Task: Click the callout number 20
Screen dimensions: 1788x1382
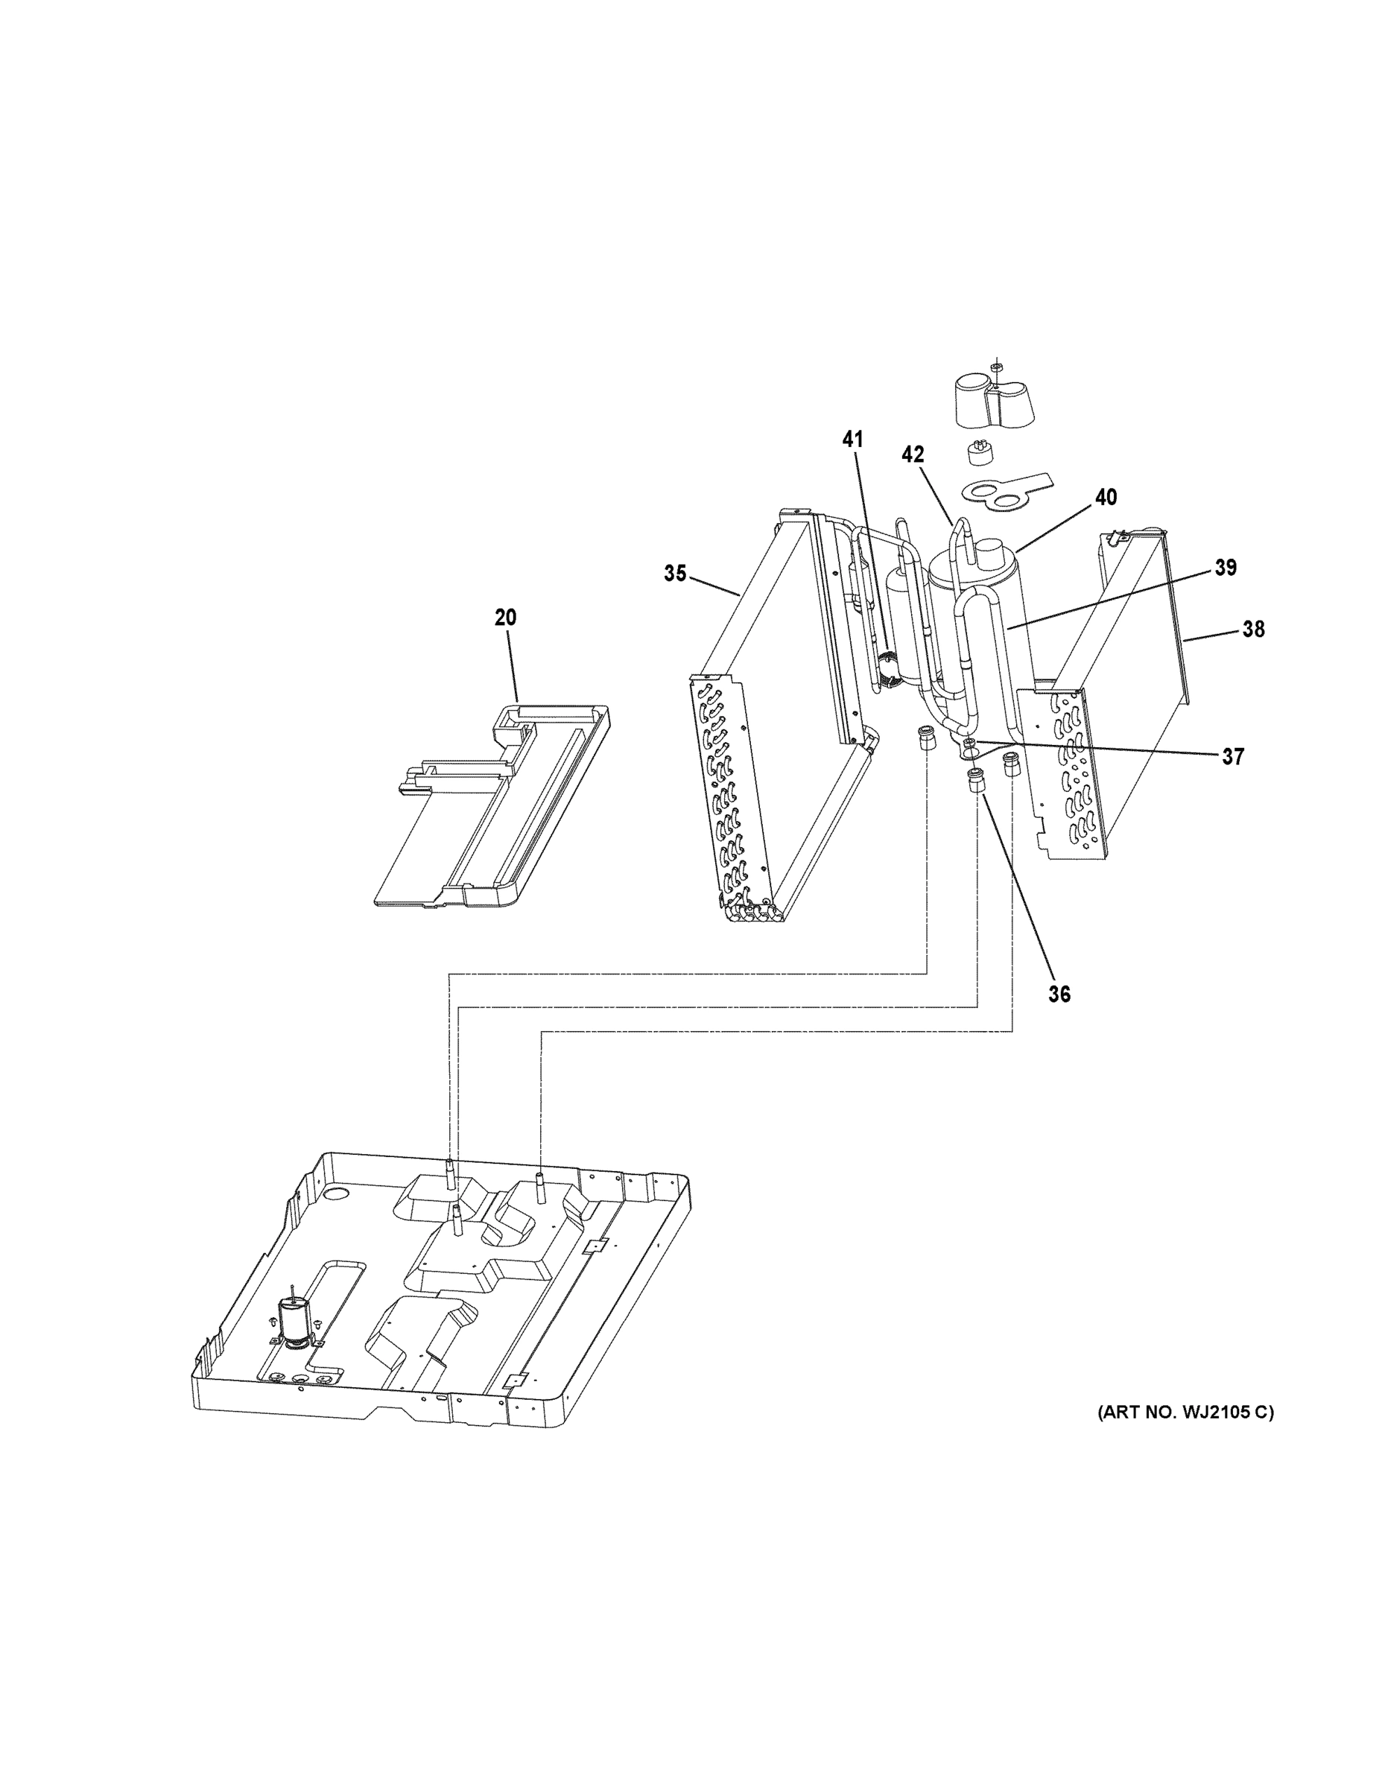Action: click(x=505, y=618)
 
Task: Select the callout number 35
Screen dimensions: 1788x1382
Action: click(x=675, y=574)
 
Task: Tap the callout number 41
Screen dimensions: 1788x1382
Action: click(x=852, y=440)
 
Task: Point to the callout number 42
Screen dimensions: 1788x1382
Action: click(x=912, y=455)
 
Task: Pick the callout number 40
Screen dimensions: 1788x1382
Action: click(x=1106, y=497)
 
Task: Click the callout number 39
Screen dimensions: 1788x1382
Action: click(x=1225, y=568)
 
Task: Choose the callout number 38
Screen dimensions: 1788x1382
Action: click(x=1252, y=629)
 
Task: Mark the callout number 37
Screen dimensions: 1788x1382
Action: click(x=1232, y=756)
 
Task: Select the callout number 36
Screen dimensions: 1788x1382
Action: click(x=1059, y=994)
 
